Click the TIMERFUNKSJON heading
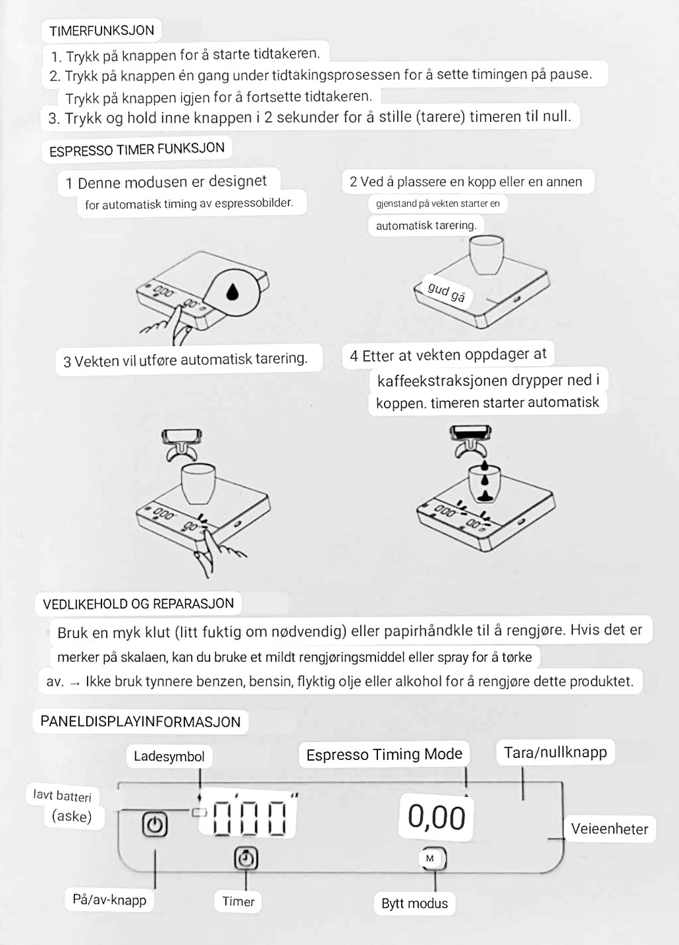(x=101, y=31)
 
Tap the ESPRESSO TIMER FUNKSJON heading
(x=137, y=150)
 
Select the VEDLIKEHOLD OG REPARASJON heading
(x=139, y=603)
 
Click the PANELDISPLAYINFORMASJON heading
(x=141, y=722)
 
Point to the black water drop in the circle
(x=232, y=291)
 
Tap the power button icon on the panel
(x=154, y=824)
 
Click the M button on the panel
(x=430, y=858)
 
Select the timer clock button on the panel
(x=246, y=858)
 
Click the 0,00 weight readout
(x=436, y=817)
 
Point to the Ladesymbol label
(x=169, y=757)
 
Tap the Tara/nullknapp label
(x=556, y=752)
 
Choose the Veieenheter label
(x=609, y=829)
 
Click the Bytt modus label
(x=414, y=903)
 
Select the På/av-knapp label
(x=109, y=899)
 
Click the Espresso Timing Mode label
(x=384, y=754)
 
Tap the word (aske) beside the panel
(x=72, y=816)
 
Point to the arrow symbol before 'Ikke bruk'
(x=75, y=682)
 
